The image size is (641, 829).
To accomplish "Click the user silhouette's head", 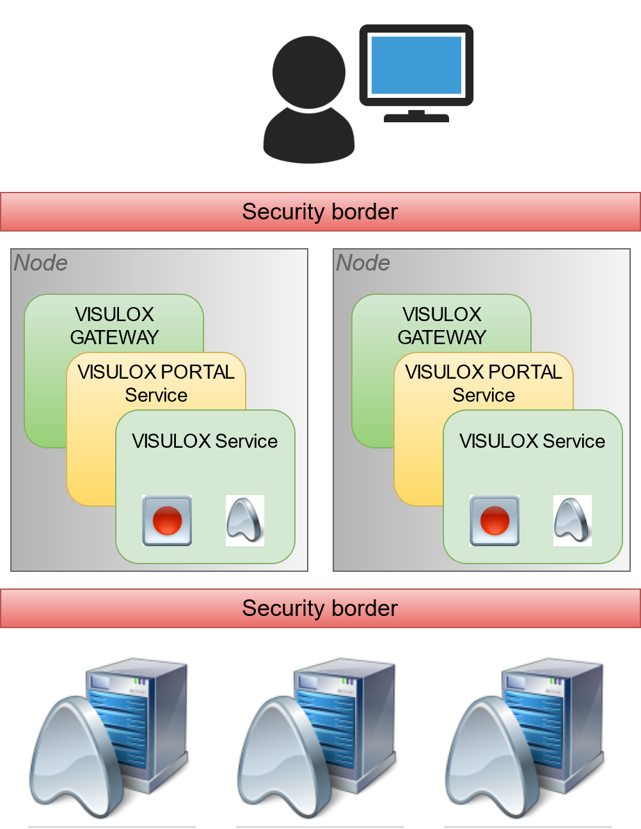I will pyautogui.click(x=309, y=72).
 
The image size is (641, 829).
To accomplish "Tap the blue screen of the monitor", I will pyautogui.click(x=416, y=65).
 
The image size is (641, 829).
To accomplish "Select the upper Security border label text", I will pyautogui.click(x=320, y=212).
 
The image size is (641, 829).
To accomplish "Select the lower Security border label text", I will pyautogui.click(x=320, y=608).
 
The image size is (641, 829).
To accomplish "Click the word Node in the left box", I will pyautogui.click(x=41, y=263).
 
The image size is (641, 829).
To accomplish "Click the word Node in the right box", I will pyautogui.click(x=363, y=263).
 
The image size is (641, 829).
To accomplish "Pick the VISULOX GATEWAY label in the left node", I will pyautogui.click(x=115, y=326).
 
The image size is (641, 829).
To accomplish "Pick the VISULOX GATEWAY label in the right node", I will pyautogui.click(x=442, y=326).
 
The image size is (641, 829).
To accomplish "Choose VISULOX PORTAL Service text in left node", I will pyautogui.click(x=156, y=383).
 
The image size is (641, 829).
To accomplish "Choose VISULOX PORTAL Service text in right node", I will pyautogui.click(x=484, y=383).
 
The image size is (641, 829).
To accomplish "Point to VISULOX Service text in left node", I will pyautogui.click(x=205, y=441).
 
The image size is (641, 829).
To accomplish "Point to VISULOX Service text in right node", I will pyautogui.click(x=532, y=441).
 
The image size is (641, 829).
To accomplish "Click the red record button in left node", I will pyautogui.click(x=167, y=521).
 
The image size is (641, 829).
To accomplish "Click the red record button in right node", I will pyautogui.click(x=495, y=521).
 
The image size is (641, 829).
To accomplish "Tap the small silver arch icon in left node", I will pyautogui.click(x=245, y=520).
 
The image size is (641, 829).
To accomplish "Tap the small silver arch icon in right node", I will pyautogui.click(x=573, y=520).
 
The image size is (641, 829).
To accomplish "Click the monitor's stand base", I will pyautogui.click(x=416, y=118).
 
